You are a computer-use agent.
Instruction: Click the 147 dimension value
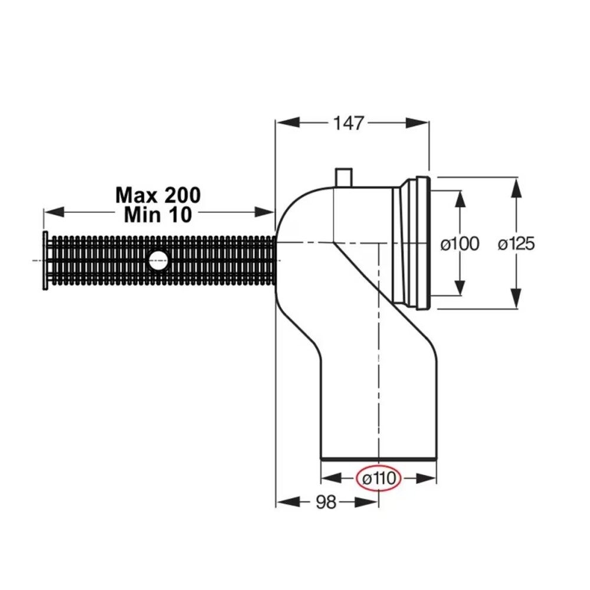349,123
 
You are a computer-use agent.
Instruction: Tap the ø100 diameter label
460,244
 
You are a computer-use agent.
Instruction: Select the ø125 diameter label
516,244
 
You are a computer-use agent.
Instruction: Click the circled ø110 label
379,478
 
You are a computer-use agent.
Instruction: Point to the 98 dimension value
326,501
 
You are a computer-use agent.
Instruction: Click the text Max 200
158,195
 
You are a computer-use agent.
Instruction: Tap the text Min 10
158,215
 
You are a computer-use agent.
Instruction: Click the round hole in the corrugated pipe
158,260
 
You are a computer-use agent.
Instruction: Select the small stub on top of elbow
343,178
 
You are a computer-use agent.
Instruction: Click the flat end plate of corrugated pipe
45,260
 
